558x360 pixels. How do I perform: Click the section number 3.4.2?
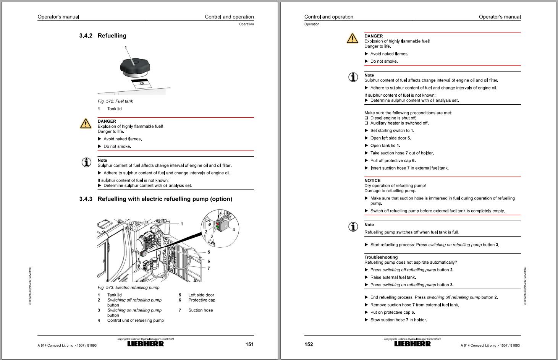click(86, 36)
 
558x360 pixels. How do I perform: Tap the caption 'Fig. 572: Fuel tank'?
click(115, 101)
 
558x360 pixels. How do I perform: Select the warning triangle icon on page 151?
click(86, 123)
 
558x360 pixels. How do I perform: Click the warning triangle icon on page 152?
click(352, 38)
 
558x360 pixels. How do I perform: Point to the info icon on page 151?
click(86, 162)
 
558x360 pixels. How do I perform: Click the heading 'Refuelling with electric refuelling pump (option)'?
click(165, 199)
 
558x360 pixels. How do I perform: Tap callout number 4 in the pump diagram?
click(234, 230)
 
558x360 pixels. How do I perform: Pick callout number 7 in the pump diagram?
click(209, 268)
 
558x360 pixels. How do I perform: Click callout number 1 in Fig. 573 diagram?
click(182, 224)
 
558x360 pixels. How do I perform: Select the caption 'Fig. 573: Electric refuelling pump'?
click(128, 287)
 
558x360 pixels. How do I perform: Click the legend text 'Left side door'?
click(201, 295)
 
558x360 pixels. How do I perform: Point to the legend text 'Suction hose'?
click(200, 310)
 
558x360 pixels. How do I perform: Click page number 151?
click(249, 344)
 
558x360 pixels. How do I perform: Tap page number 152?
click(309, 344)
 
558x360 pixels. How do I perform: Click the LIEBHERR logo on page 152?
click(412, 344)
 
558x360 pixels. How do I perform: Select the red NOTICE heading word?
click(372, 180)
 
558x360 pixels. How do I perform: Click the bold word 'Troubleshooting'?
click(381, 257)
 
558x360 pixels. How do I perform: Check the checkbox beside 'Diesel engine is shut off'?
click(367, 118)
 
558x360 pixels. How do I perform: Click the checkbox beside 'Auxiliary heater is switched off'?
click(367, 123)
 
